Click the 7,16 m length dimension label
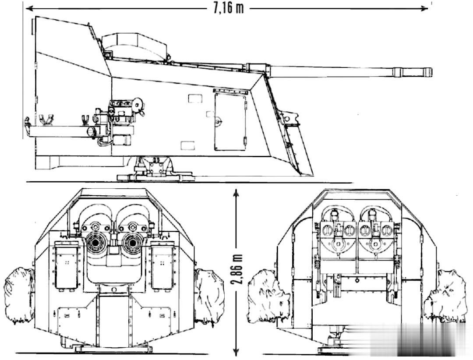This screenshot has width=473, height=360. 228,8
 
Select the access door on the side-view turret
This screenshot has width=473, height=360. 229,122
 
